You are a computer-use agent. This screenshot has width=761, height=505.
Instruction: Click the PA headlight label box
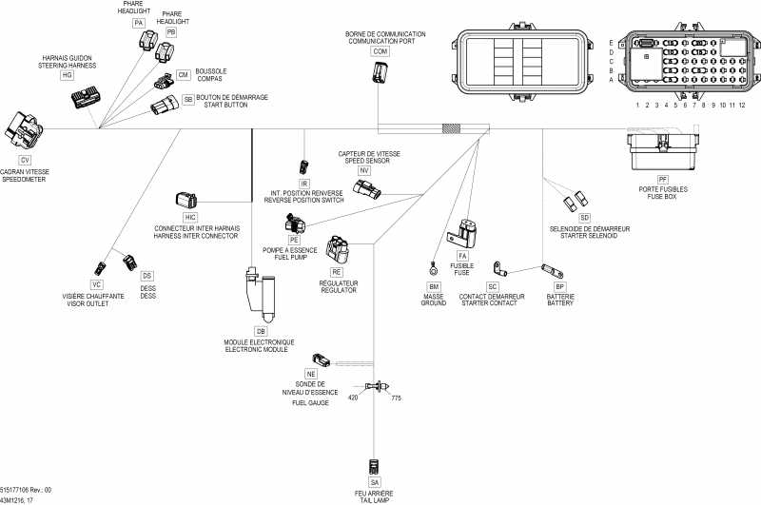coord(139,21)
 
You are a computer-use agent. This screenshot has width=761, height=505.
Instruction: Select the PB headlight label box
coord(171,31)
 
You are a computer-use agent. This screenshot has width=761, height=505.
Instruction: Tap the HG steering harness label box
coord(67,74)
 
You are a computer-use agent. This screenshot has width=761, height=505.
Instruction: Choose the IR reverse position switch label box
coord(304,183)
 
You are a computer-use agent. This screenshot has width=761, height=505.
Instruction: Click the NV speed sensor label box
coord(363,170)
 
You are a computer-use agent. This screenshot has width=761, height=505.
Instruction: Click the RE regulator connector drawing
coord(340,248)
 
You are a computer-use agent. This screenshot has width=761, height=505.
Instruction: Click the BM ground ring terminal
coord(434,265)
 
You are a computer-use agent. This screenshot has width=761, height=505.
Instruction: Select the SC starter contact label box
coord(492,285)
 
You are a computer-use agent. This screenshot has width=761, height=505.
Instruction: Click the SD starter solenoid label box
coord(584,218)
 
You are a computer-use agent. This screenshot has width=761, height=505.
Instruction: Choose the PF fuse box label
coord(663,178)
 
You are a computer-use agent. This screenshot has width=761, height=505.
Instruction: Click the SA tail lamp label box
coord(374,483)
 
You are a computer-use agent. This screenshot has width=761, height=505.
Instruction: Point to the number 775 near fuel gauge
coord(396,398)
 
